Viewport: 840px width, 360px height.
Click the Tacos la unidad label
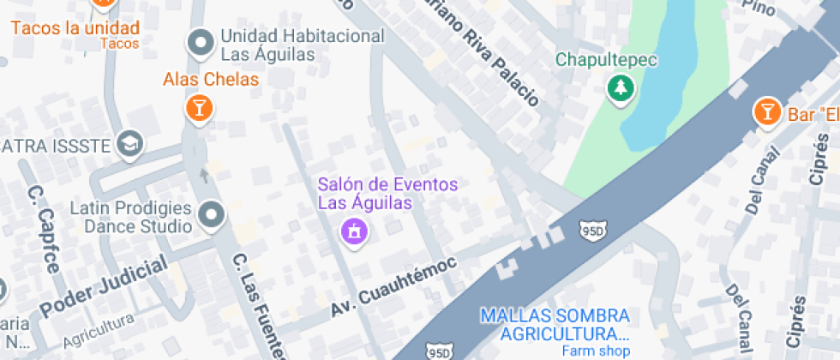(75, 27)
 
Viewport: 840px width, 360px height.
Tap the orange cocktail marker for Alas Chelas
(199, 108)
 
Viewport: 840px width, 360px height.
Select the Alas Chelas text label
(211, 80)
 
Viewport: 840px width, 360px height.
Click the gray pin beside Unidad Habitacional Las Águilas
(201, 42)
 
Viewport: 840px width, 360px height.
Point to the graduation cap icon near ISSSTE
(130, 143)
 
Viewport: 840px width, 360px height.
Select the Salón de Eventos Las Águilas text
(387, 194)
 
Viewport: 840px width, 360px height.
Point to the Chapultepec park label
(606, 60)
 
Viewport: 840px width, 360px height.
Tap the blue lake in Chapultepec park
(669, 69)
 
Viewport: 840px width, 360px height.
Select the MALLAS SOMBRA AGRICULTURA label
(555, 325)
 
